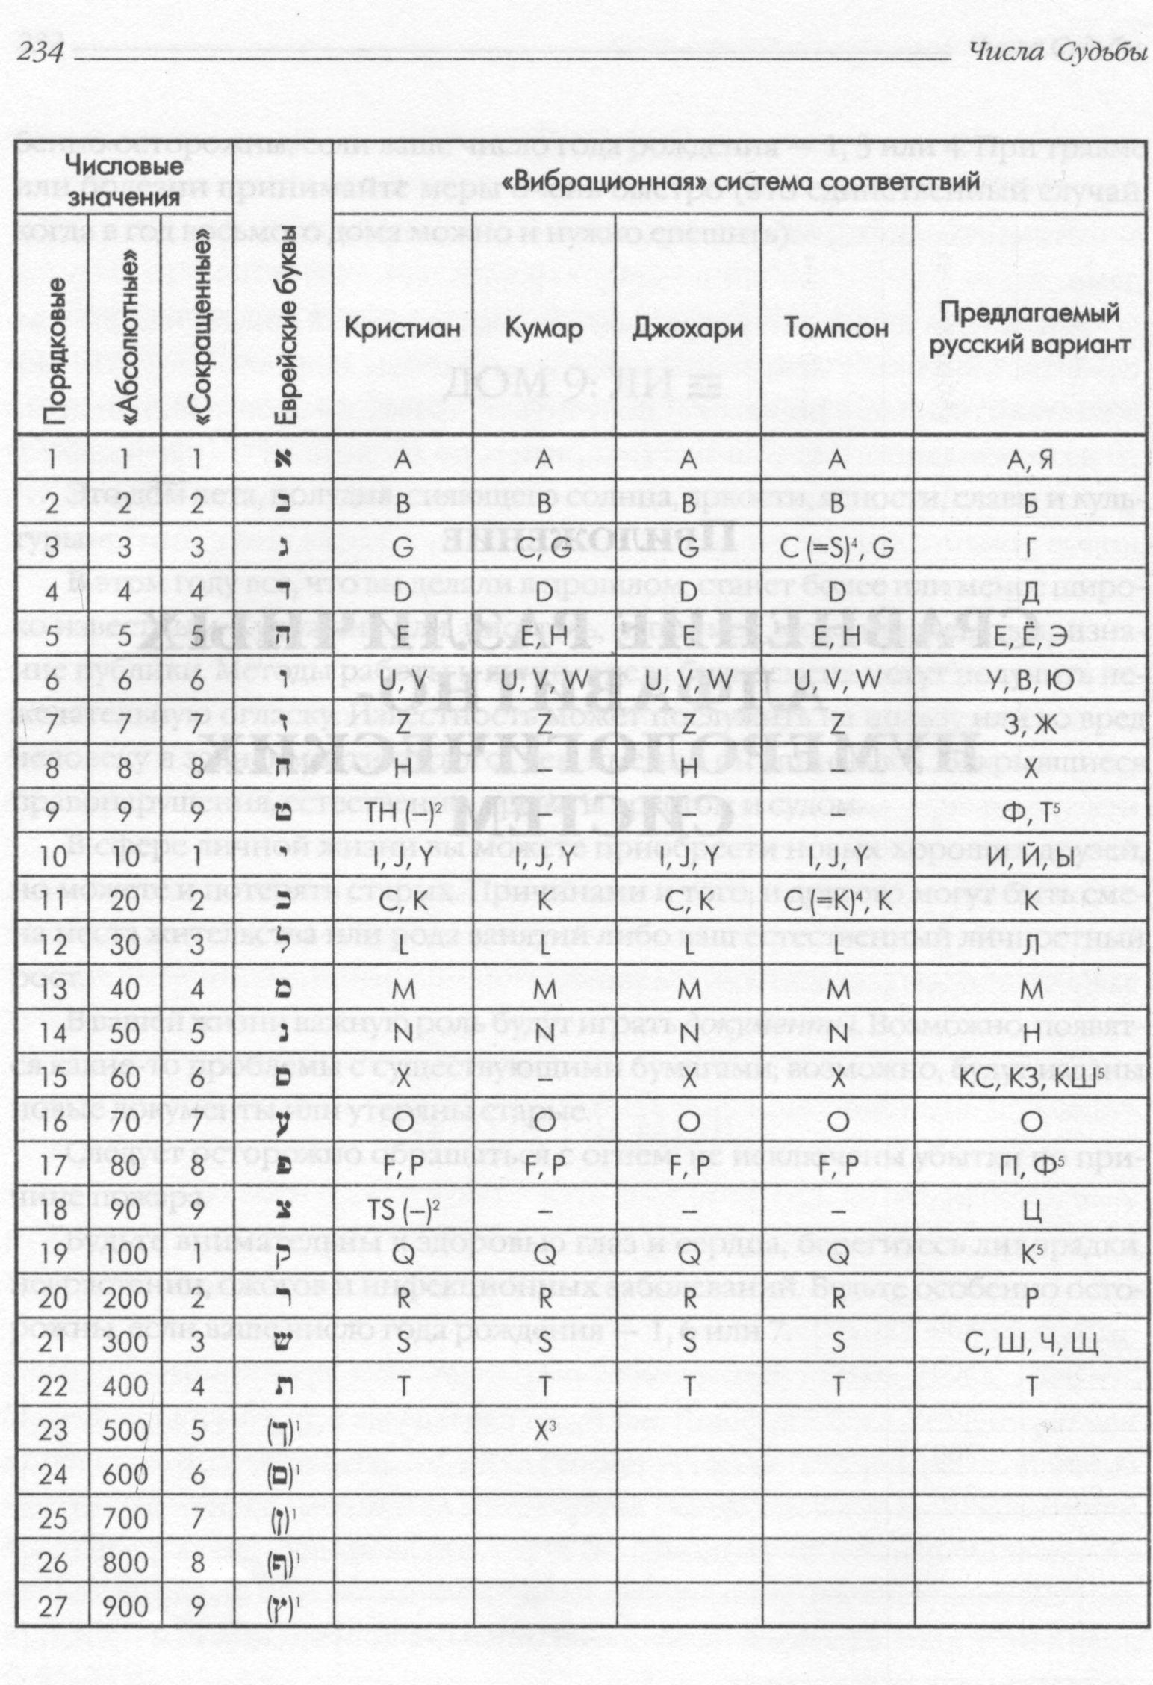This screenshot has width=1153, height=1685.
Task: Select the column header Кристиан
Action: click(x=403, y=329)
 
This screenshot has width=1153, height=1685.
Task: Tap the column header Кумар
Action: click(x=544, y=329)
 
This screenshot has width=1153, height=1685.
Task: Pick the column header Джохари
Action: click(x=687, y=329)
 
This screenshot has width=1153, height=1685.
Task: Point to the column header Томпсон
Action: click(x=836, y=329)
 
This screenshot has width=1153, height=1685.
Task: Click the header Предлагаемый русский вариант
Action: click(x=1031, y=328)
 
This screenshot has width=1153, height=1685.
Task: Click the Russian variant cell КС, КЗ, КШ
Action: click(x=1031, y=1079)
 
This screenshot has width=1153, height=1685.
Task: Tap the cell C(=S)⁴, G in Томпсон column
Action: click(x=836, y=550)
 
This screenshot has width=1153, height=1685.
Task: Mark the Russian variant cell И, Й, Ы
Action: click(x=1031, y=857)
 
